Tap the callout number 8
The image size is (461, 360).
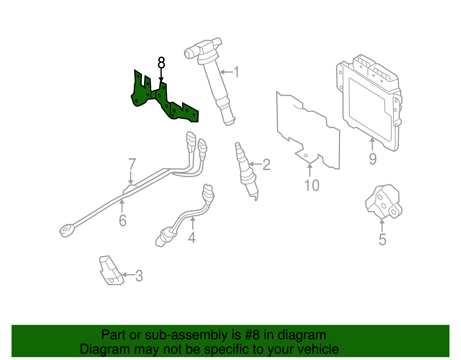point(161,63)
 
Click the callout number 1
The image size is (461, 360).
point(236,72)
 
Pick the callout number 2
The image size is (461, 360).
point(266,165)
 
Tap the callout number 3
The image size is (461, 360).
point(139,276)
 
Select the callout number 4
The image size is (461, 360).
point(192,238)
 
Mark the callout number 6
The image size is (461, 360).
point(123,221)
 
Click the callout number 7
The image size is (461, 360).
point(132,165)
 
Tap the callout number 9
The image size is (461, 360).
point(373,159)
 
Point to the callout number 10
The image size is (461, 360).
point(312,185)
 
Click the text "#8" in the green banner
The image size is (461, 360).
point(252,335)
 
